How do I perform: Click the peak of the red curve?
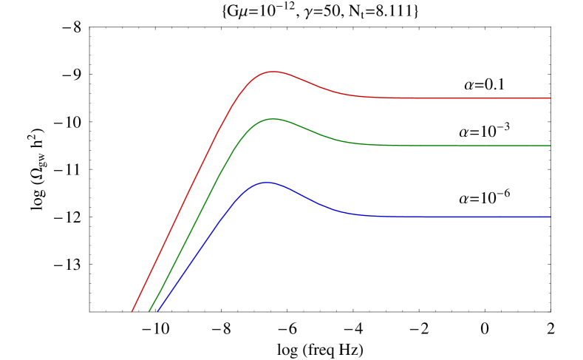pos(273,72)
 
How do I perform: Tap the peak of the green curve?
pos(273,118)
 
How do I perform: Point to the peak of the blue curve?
pos(267,182)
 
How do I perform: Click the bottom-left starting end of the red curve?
pos(132,311)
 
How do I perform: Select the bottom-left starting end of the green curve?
pos(149,311)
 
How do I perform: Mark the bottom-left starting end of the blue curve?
pos(158,311)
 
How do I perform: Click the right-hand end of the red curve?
pos(550,98)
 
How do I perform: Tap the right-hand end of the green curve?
pos(550,146)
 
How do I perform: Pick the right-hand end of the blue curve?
pos(550,217)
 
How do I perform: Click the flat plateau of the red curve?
pos(458,98)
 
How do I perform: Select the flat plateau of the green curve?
pos(458,146)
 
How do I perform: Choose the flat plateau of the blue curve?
pos(458,217)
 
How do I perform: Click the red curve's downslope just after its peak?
pos(310,83)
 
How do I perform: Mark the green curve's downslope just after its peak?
pos(310,129)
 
